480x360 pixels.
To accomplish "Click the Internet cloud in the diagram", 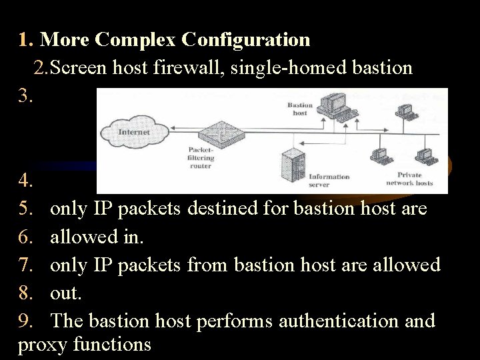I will pyautogui.click(x=133, y=132).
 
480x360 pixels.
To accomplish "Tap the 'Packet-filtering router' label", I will pyautogui.click(x=201, y=158).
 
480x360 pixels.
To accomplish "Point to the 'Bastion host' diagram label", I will pyautogui.click(x=299, y=109).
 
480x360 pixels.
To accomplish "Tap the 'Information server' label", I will pyautogui.click(x=329, y=181).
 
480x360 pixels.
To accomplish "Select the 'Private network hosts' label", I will pyautogui.click(x=409, y=179).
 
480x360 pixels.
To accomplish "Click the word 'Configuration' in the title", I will pyautogui.click(x=246, y=40).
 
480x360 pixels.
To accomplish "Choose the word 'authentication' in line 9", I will pyautogui.click(x=339, y=321).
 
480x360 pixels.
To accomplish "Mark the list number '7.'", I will pyautogui.click(x=27, y=265).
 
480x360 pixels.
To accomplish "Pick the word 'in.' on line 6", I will pyautogui.click(x=140, y=237).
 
